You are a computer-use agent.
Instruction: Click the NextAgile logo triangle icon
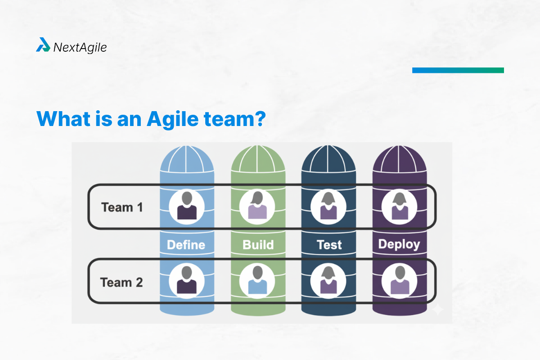pyautogui.click(x=43, y=45)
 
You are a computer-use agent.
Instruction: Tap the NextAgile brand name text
pyautogui.click(x=80, y=47)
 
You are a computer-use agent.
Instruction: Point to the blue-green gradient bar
pyautogui.click(x=458, y=70)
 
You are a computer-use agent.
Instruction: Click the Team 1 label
pyautogui.click(x=122, y=207)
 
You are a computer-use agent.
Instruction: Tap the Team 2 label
pyautogui.click(x=121, y=283)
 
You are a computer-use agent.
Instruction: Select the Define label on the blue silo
pyautogui.click(x=186, y=245)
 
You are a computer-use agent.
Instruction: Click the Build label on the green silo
pyautogui.click(x=258, y=245)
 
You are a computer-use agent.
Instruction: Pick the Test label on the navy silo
pyautogui.click(x=329, y=245)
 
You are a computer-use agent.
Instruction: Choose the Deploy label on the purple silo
pyautogui.click(x=399, y=244)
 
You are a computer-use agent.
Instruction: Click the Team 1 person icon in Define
pyautogui.click(x=187, y=207)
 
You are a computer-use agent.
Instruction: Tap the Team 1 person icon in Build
pyautogui.click(x=257, y=207)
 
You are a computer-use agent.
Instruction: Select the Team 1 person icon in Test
pyautogui.click(x=328, y=207)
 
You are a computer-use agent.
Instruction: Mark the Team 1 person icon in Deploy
pyautogui.click(x=399, y=207)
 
